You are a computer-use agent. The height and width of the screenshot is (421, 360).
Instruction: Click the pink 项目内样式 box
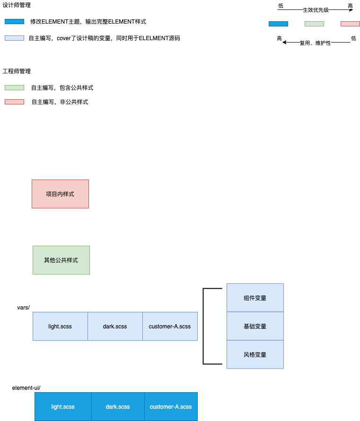[60, 194]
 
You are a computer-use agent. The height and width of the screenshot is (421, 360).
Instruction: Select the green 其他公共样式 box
[61, 260]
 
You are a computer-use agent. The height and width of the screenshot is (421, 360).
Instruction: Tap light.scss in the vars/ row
[60, 326]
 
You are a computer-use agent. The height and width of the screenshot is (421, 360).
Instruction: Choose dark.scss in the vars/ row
[115, 326]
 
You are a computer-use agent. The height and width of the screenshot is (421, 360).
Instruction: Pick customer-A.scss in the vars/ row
[170, 326]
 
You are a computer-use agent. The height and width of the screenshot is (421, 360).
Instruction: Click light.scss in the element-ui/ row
[63, 406]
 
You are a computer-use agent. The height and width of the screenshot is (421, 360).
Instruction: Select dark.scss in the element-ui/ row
[118, 406]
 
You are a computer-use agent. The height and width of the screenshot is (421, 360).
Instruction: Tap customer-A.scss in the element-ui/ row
[171, 406]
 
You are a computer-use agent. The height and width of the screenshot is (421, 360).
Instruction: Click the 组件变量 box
[255, 298]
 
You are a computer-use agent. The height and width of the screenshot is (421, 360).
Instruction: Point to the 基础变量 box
[255, 326]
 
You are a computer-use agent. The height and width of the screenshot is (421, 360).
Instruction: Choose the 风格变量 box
[255, 354]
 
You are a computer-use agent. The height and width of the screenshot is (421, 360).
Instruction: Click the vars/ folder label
[23, 308]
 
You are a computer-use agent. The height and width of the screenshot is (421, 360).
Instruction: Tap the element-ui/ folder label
[26, 388]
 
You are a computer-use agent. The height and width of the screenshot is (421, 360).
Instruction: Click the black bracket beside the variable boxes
[204, 326]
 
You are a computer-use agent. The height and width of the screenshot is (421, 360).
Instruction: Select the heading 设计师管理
[17, 5]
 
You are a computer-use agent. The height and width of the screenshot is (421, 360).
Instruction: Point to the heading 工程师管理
[17, 71]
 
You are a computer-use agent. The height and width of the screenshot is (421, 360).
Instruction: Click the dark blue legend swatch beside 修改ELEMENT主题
[14, 22]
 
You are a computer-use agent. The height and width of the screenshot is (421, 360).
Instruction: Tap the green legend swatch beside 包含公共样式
[14, 88]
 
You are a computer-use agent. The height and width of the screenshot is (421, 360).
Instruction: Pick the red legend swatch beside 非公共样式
[14, 102]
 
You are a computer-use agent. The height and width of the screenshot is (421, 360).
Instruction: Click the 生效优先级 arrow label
[316, 10]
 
